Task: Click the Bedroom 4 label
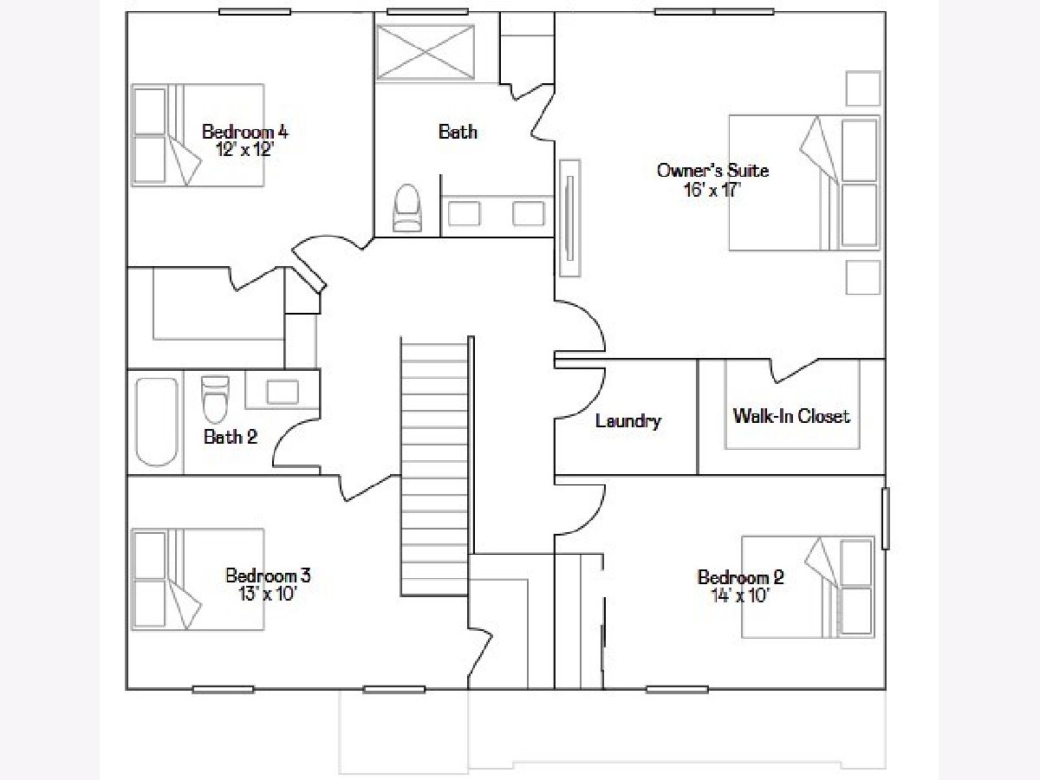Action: [245, 132]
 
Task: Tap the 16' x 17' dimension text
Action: [712, 190]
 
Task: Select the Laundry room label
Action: [628, 420]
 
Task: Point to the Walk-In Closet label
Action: [791, 416]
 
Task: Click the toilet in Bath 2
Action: [215, 399]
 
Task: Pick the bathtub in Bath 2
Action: [156, 421]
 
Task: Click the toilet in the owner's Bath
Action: [407, 208]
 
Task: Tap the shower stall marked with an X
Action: [425, 52]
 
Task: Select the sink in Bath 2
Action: [283, 392]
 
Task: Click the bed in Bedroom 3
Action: [198, 579]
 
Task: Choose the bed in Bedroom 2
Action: [808, 587]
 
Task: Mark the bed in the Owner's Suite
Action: [804, 182]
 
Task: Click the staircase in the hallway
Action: [434, 466]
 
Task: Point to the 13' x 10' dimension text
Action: [268, 594]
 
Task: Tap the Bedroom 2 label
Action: [740, 577]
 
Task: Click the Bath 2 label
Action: [231, 437]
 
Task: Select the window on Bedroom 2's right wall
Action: [885, 518]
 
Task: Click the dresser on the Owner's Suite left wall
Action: [569, 218]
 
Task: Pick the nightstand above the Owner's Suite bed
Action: [863, 88]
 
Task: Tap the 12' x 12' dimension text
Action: [245, 150]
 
